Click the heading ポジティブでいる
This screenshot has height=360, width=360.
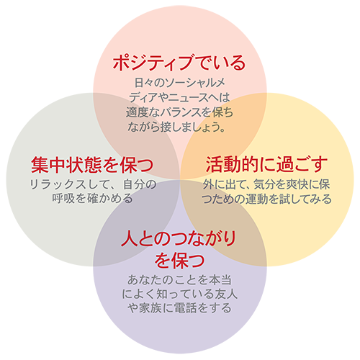click(x=179, y=63)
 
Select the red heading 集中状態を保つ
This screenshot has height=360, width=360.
click(x=92, y=165)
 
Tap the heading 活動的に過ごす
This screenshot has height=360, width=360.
click(x=266, y=165)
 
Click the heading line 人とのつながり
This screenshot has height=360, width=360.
click(x=179, y=238)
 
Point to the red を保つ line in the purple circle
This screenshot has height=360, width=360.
click(x=179, y=261)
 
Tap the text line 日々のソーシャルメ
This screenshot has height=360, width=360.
click(x=179, y=83)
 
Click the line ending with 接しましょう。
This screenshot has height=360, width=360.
click(x=176, y=127)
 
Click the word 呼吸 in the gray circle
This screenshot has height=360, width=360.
click(x=63, y=199)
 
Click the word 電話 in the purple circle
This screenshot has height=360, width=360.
click(x=186, y=308)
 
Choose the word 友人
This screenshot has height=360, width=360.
click(x=226, y=294)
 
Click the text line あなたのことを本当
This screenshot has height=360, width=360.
click(x=179, y=280)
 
